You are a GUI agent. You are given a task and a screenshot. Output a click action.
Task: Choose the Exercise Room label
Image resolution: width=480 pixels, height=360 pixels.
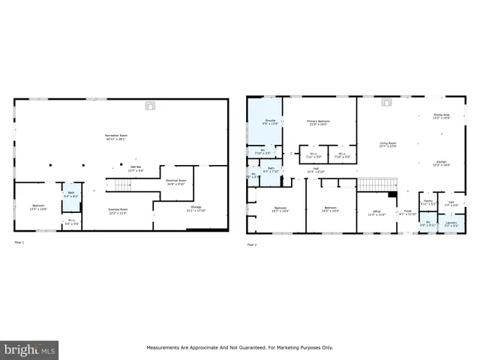[x=118, y=211]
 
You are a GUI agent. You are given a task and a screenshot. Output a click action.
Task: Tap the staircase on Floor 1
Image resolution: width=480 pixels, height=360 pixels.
[x=121, y=185]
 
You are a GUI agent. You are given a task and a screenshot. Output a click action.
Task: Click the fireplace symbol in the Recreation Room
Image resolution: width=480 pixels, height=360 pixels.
[x=150, y=106]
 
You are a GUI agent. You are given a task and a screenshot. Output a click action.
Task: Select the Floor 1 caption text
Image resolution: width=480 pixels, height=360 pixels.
[x=19, y=243]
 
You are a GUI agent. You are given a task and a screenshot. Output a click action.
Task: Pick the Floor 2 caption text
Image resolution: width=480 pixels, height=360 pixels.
[x=252, y=244]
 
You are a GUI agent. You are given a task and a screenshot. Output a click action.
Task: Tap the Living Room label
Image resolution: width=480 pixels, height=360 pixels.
[x=387, y=144]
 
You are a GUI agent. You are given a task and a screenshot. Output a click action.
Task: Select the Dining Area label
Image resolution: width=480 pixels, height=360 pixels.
[x=441, y=116]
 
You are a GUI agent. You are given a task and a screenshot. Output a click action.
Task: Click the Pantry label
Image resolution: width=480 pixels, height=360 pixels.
[x=429, y=202]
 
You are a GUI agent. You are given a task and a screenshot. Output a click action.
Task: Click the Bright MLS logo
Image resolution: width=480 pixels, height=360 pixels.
[x=30, y=349]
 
